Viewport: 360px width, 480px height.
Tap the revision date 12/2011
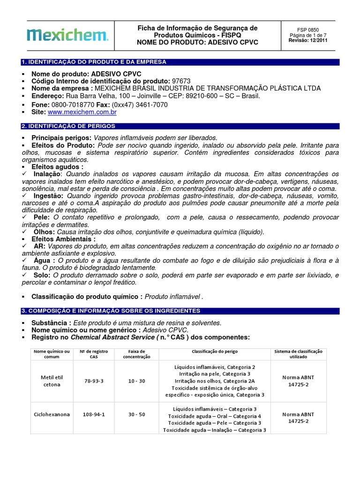pyautogui.click(x=317, y=40)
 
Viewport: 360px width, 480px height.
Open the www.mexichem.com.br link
pyautogui.click(x=82, y=112)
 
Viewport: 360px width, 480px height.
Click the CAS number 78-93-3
pyautogui.click(x=94, y=381)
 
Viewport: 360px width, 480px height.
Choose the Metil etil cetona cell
pyautogui.click(x=52, y=381)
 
